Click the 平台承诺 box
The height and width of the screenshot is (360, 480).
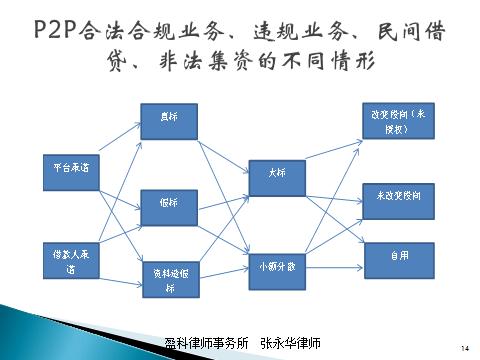[x=69, y=168]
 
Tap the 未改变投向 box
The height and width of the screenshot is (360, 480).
[x=399, y=200]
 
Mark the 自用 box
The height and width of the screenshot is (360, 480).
[x=399, y=256]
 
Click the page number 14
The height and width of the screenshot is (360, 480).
[x=464, y=347]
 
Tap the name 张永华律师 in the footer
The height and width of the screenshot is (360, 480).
[x=289, y=343]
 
